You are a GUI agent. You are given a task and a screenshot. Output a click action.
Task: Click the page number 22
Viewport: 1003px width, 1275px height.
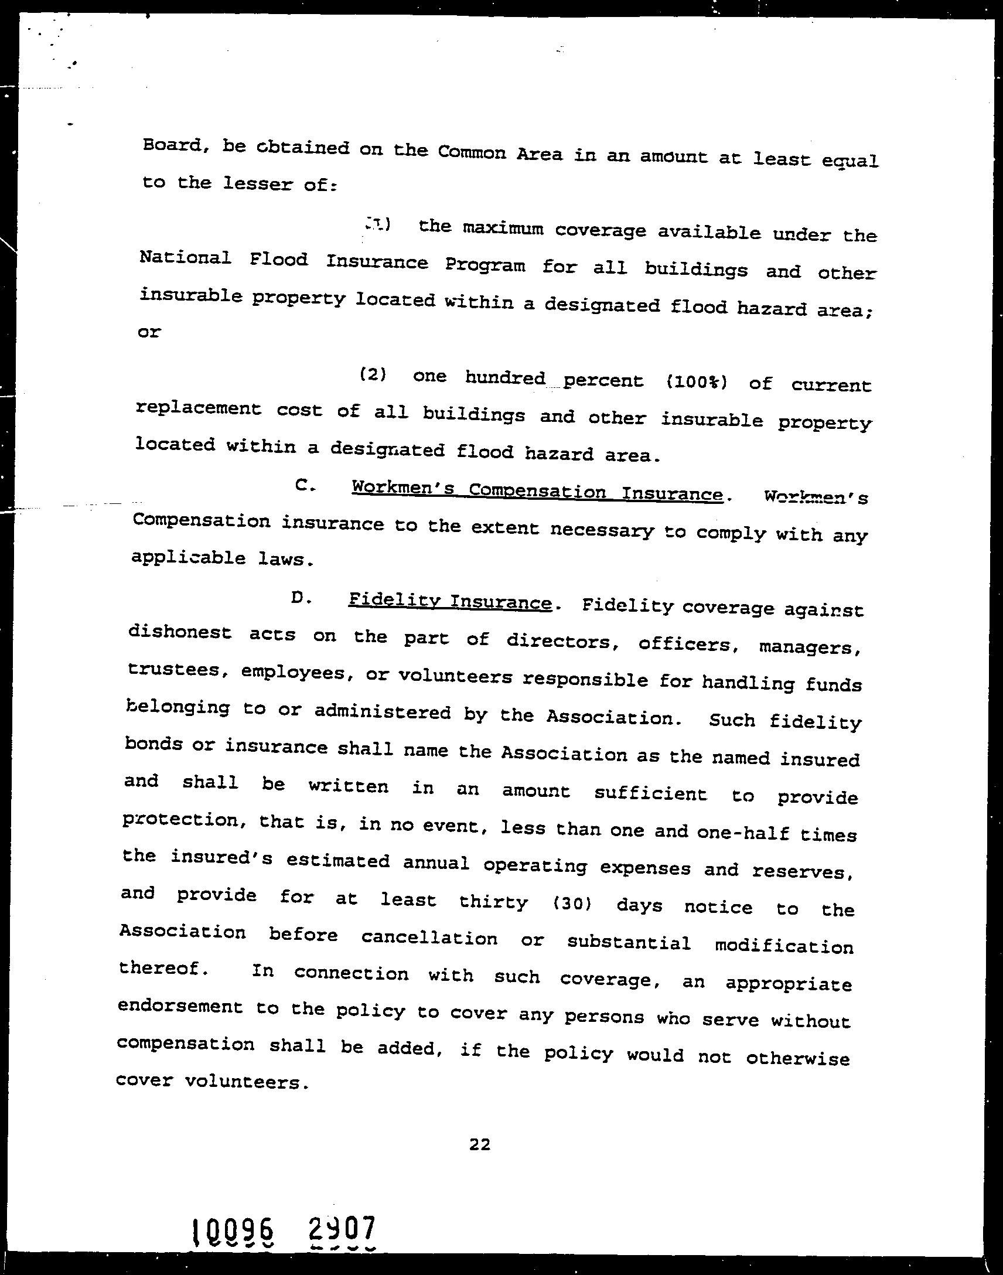point(480,1143)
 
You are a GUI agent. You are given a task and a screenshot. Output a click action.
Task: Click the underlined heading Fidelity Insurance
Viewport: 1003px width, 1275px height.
point(450,602)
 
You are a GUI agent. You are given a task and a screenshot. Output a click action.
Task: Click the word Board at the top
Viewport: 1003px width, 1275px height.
point(173,146)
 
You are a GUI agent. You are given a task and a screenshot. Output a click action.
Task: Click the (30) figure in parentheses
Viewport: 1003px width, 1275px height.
point(572,904)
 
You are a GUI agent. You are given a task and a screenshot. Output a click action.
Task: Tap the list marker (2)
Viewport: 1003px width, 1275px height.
point(373,374)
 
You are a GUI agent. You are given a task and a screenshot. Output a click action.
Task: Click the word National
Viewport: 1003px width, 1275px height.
point(185,257)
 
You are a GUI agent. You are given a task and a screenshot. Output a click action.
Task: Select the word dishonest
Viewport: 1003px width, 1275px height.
point(180,632)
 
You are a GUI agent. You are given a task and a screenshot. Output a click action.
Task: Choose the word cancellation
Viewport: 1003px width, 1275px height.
point(429,938)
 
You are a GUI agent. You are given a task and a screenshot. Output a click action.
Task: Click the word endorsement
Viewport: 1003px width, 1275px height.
point(180,1006)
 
